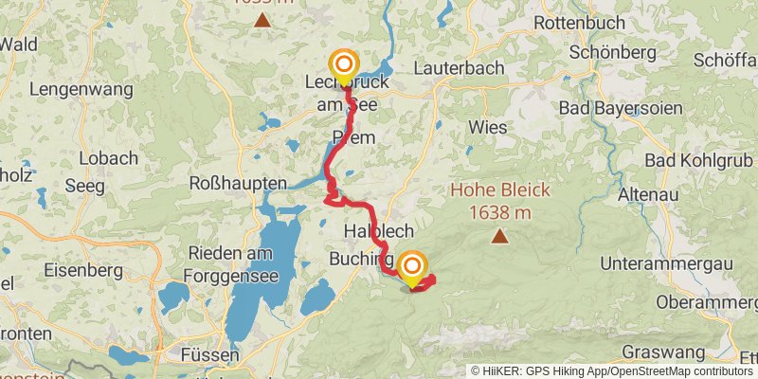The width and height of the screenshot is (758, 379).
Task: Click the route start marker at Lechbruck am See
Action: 344,65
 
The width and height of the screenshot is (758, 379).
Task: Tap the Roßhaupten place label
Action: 238,183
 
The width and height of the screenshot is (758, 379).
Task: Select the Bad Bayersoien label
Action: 620,109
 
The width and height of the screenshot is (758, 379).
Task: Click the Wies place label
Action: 487,127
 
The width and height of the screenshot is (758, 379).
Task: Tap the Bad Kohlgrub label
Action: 700,161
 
